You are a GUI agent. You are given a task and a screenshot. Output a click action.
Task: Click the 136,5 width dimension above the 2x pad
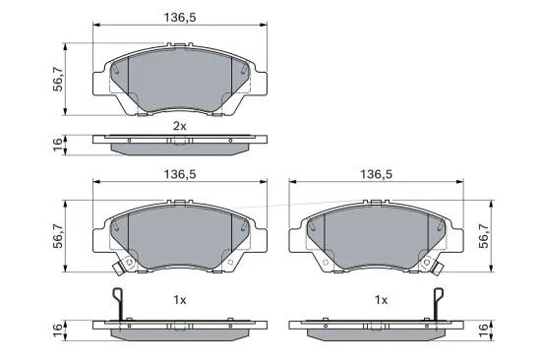coord(177,16)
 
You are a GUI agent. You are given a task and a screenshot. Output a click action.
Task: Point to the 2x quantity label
coord(179,127)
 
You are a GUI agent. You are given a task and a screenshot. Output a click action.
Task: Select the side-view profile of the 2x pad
coord(177,144)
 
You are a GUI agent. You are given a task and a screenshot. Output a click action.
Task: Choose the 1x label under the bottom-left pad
coord(179,299)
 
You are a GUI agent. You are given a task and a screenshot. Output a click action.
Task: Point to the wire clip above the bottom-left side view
coord(118,305)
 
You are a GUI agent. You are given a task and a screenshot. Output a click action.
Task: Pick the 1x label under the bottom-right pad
coord(381,299)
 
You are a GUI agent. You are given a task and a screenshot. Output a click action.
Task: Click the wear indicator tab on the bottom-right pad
coord(435,267)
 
